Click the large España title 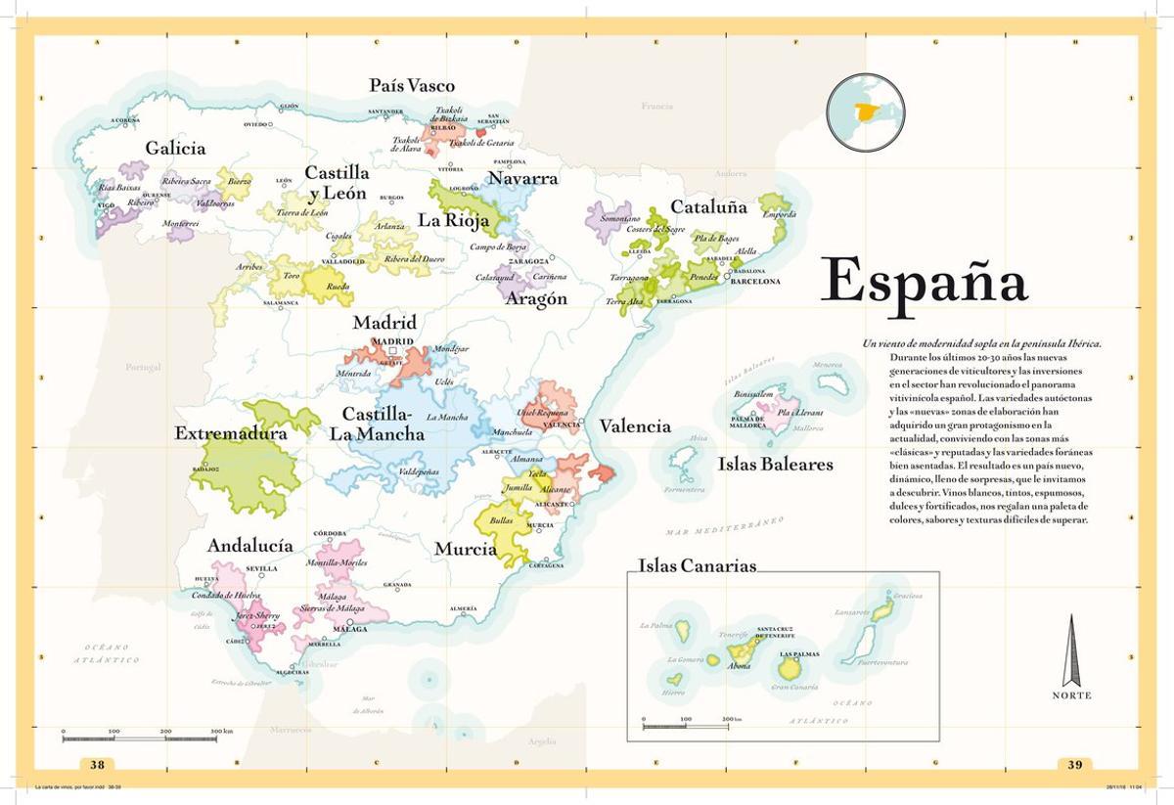[924, 282]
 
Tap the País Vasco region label [412, 86]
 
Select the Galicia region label [175, 149]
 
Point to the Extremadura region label [231, 433]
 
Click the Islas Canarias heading [697, 566]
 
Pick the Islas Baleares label [775, 464]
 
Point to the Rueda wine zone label [338, 288]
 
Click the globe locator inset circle [865, 112]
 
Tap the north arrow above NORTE [1071, 650]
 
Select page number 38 [97, 765]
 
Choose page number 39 [1075, 765]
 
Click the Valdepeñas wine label [419, 471]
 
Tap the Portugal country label [142, 367]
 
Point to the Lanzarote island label [852, 612]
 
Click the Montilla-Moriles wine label [337, 563]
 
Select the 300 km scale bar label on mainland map [221, 731]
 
